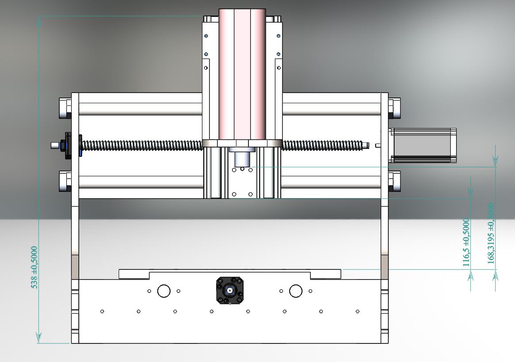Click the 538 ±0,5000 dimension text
tap(34, 267)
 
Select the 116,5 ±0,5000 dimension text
tap(466, 242)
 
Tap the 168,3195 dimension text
tap(491, 234)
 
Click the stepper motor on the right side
tap(422, 145)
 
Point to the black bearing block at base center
tap(229, 290)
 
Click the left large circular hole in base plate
tap(164, 291)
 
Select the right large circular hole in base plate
tap(296, 291)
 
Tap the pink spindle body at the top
tap(242, 74)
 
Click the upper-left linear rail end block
tap(65, 108)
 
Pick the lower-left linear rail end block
tap(65, 181)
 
